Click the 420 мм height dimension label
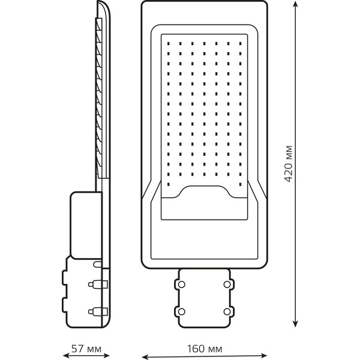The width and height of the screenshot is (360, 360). pos(288,164)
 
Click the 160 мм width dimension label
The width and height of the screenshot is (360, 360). pos(205,349)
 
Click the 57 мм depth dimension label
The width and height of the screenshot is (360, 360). pos(86,349)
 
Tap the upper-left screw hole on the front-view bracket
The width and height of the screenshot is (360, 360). pos(181,284)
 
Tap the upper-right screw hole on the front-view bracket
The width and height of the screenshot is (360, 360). pos(227,284)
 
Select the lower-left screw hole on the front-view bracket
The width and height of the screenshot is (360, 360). pos(181,311)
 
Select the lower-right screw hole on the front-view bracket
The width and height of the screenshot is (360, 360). pos(227,311)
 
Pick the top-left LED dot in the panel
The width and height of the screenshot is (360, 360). pos(169,43)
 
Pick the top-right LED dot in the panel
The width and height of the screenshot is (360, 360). pos(240,43)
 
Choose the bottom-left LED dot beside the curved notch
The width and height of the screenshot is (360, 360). pos(169,184)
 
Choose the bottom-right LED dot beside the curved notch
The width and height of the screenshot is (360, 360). pos(240,184)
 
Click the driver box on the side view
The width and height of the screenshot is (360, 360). pos(86,225)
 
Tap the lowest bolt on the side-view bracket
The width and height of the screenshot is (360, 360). pos(98,311)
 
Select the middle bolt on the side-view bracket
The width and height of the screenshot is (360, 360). pos(98,284)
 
